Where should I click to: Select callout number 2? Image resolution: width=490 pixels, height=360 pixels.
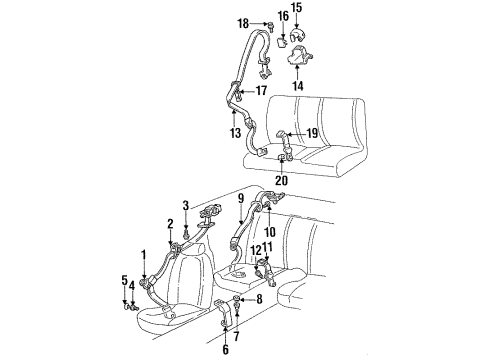coord(170,223)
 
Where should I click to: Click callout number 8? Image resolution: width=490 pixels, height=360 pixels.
coord(259,298)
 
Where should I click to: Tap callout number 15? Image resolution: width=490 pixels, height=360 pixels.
coord(295,8)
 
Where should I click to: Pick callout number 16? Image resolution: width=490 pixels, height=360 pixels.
coord(283,19)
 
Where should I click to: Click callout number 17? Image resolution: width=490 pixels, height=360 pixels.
coord(261,91)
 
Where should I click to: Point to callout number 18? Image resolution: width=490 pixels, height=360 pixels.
coord(243,22)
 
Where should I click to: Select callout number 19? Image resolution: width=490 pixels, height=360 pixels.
coord(313,132)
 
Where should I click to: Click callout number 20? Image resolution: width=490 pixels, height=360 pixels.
coord(281,181)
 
